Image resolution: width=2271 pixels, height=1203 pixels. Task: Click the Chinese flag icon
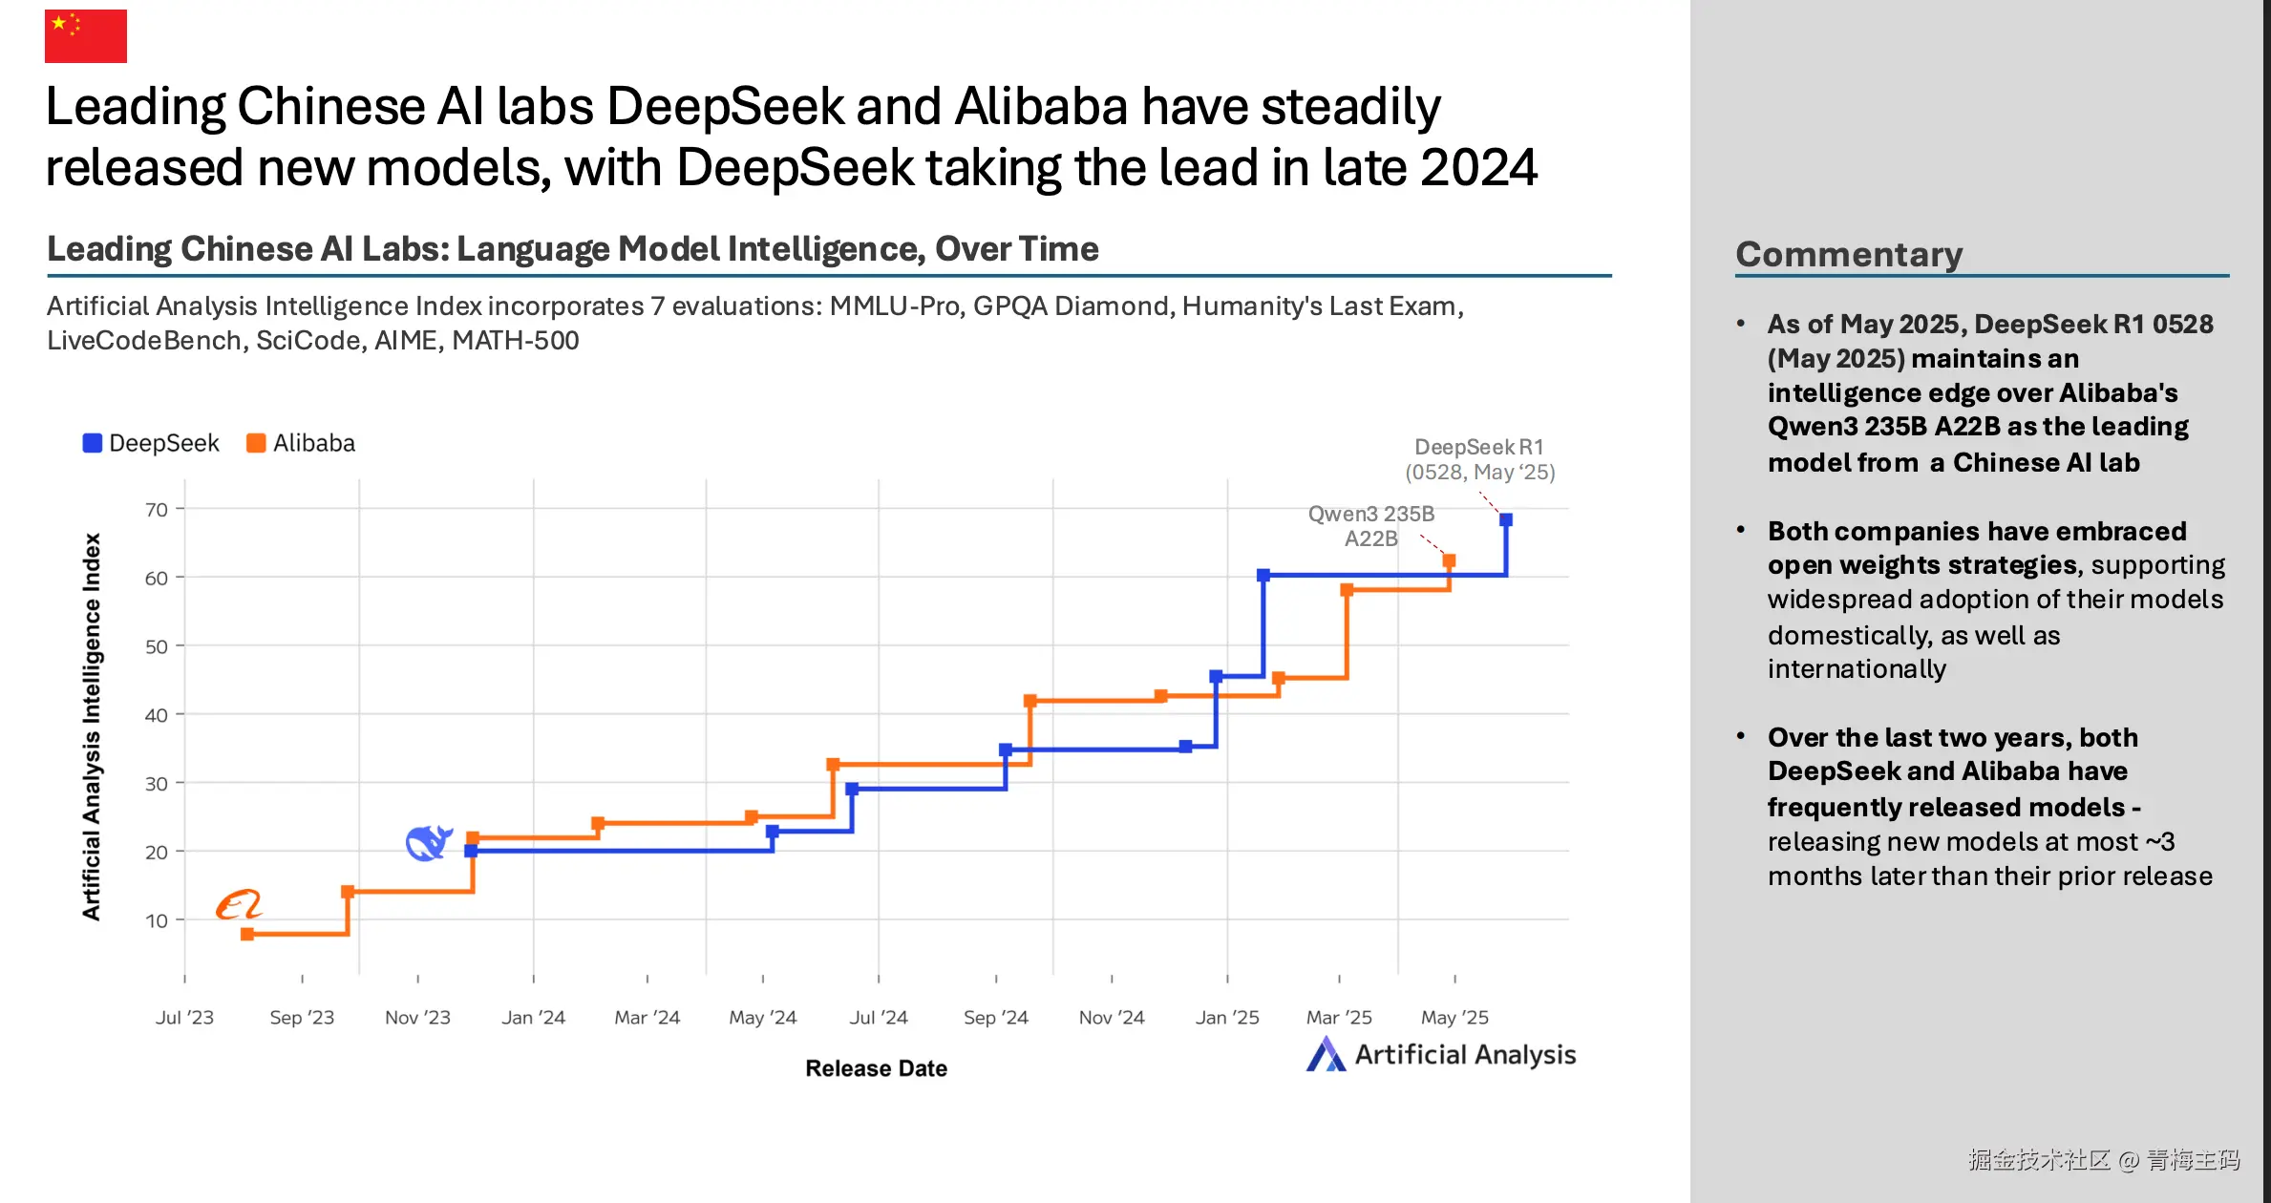point(86,36)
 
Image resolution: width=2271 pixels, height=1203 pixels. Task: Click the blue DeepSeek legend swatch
point(93,443)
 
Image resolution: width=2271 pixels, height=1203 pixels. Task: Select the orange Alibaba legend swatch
point(256,443)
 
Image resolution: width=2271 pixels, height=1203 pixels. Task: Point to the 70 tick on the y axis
point(157,510)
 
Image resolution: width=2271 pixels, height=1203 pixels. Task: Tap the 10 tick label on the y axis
point(157,920)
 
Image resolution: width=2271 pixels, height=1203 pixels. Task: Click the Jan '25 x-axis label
point(1227,1017)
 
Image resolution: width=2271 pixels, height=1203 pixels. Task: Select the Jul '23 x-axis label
point(184,1017)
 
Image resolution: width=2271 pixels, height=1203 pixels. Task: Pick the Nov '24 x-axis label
point(1112,1017)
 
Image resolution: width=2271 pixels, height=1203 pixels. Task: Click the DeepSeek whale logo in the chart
point(429,842)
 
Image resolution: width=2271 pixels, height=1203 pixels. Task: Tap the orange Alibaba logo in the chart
point(238,904)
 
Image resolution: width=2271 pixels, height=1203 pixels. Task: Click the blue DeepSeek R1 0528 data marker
point(1506,519)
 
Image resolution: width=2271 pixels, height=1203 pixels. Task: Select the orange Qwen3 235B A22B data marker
point(1449,561)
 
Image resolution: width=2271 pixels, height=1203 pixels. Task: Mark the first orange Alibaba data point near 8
point(247,934)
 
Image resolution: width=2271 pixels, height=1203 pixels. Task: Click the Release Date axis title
point(876,1068)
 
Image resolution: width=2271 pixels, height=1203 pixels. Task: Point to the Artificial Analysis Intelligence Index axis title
point(92,726)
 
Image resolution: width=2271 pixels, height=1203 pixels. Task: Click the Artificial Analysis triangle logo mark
point(1326,1054)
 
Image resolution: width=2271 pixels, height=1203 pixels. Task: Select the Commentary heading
point(1849,254)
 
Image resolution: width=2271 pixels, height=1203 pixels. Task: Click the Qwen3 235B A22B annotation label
point(1370,526)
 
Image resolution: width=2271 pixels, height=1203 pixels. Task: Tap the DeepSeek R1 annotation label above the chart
point(1479,459)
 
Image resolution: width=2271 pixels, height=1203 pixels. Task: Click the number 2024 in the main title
point(1478,168)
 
